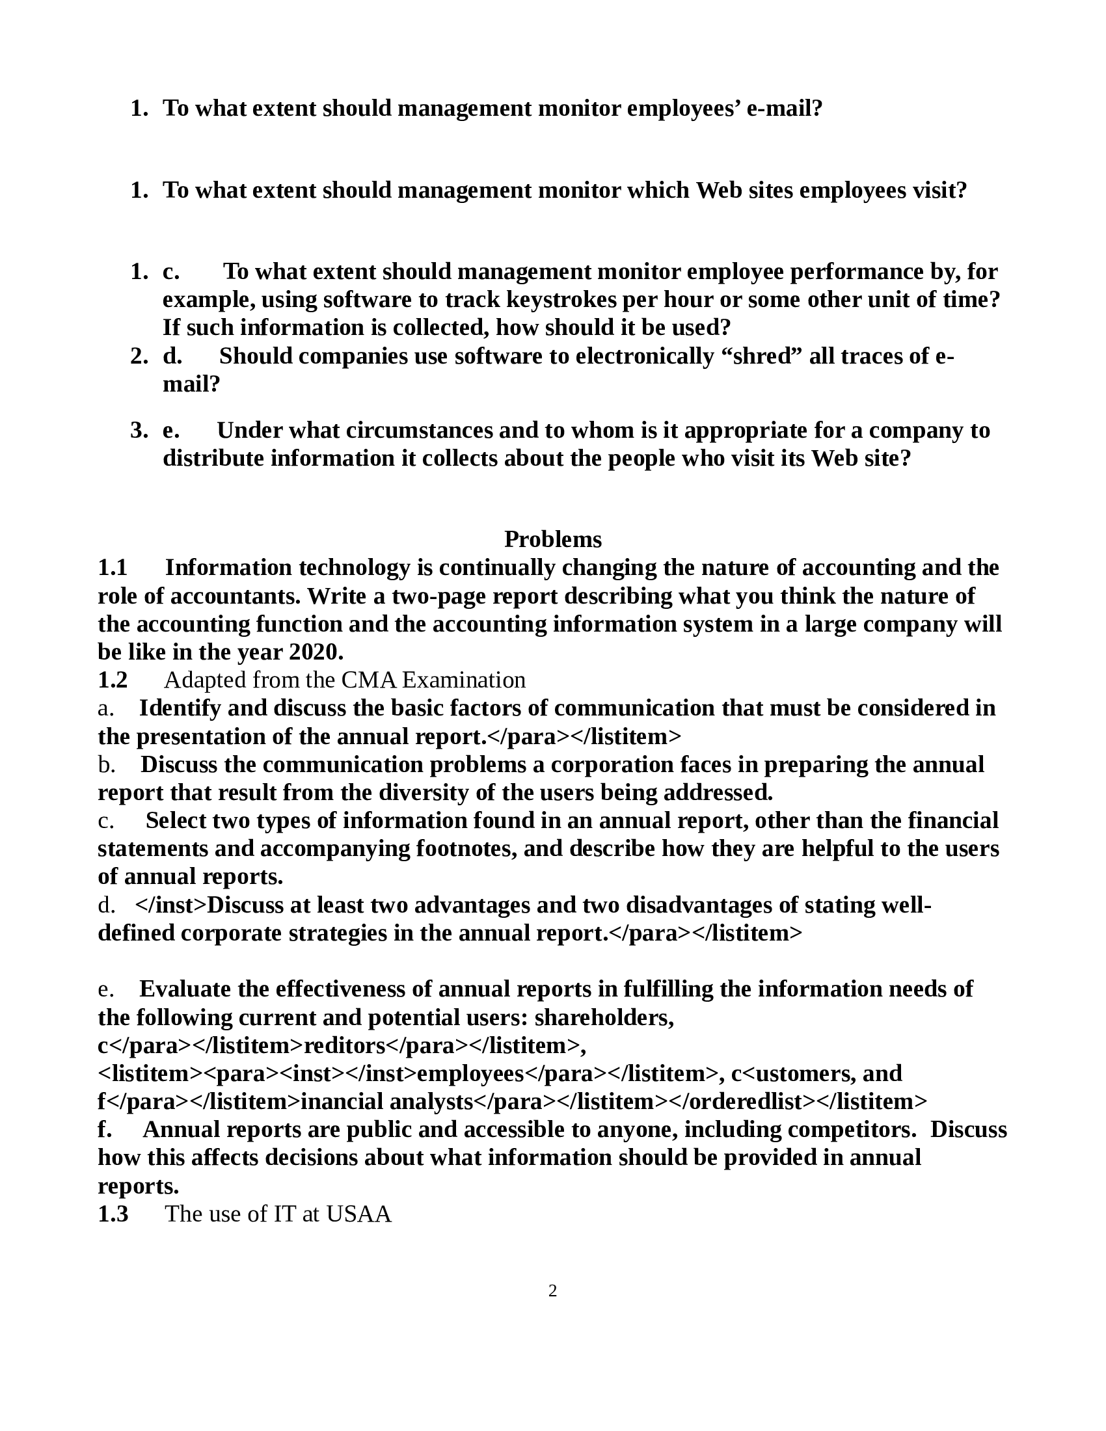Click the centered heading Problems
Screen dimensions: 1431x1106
tap(552, 539)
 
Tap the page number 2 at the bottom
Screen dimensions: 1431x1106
tap(552, 1291)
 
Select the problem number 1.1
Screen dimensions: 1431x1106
tap(113, 567)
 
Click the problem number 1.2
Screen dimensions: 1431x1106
tap(113, 680)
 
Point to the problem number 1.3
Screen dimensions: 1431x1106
tap(113, 1214)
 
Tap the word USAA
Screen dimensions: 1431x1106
tap(358, 1214)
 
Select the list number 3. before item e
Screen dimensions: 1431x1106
tap(139, 431)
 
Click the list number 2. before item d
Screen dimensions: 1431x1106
tap(139, 356)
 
